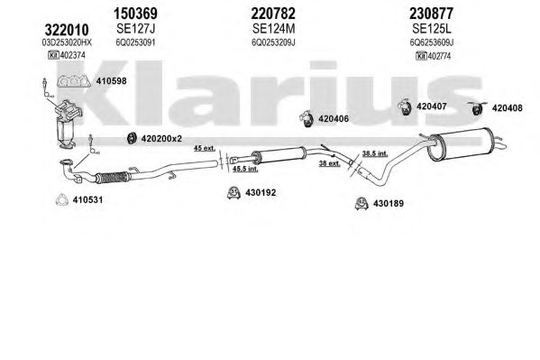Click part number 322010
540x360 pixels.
tap(67, 30)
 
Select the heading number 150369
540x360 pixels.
tap(135, 14)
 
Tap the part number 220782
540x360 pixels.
tap(273, 14)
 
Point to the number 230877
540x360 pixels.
tap(431, 14)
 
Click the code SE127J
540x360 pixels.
tap(136, 29)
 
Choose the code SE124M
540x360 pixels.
tap(273, 29)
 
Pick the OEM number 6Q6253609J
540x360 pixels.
tap(431, 42)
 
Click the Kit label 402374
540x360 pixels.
tap(67, 55)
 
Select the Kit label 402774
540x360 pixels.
tap(434, 56)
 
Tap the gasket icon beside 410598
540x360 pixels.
tap(74, 81)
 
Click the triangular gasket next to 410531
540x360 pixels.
tap(62, 200)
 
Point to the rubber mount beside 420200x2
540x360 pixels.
tap(132, 138)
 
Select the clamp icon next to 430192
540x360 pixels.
tap(233, 193)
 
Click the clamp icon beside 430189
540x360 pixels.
tap(362, 203)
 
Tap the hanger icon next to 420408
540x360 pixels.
tap(477, 108)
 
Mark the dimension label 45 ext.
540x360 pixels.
tap(205, 148)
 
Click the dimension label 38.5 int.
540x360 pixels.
tap(375, 153)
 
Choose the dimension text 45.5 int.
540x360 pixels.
tap(245, 169)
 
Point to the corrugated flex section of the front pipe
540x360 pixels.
tap(113, 177)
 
